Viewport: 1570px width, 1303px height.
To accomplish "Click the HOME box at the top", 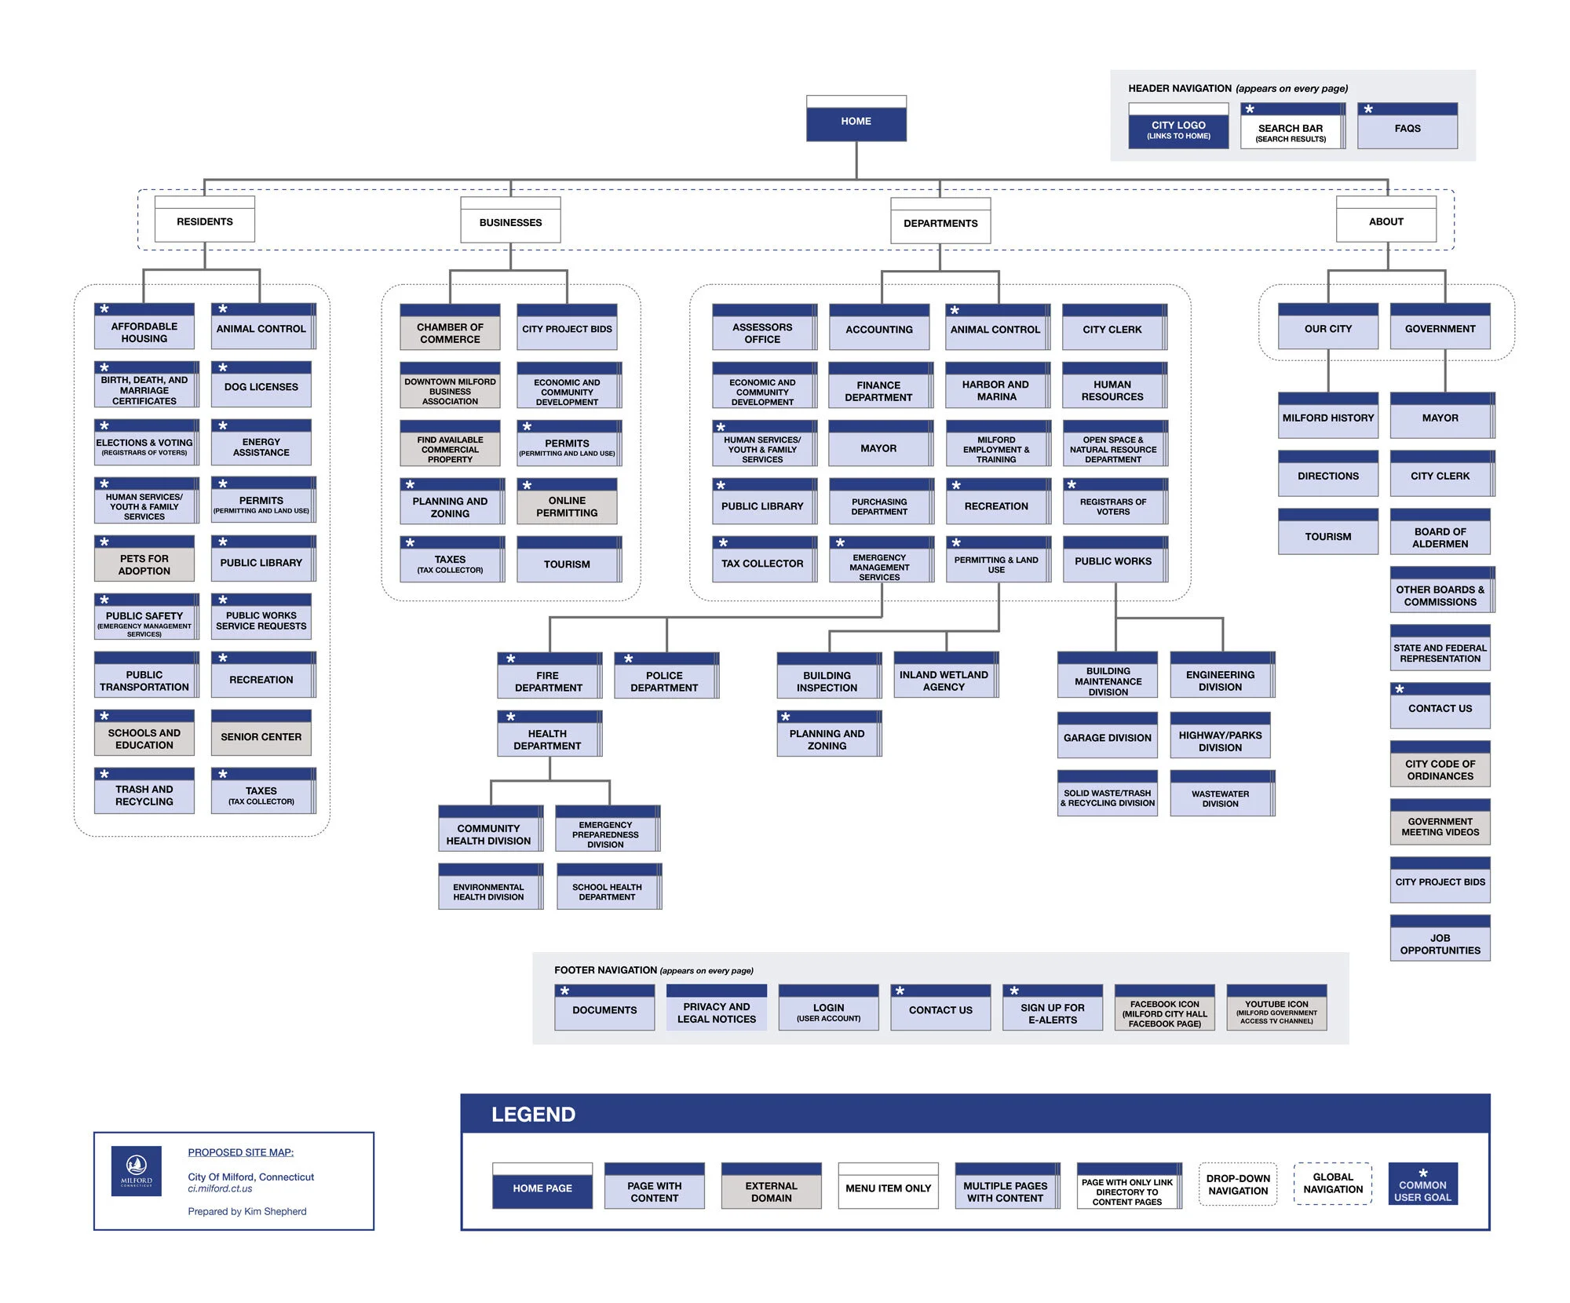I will click(856, 119).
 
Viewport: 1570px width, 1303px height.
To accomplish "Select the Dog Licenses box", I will click(261, 385).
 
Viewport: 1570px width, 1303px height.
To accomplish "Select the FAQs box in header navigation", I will click(1407, 127).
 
